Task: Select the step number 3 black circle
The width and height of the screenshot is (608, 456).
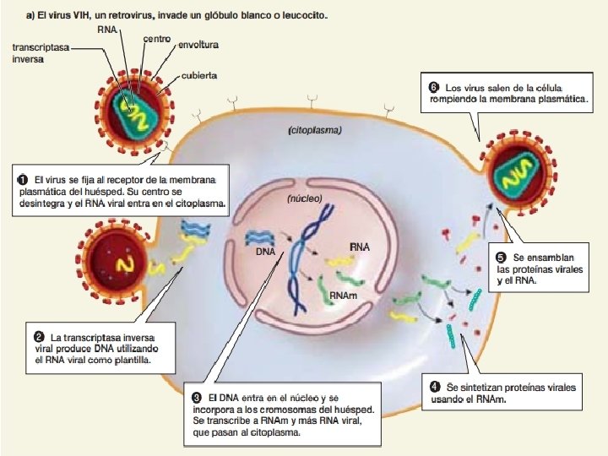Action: (196, 396)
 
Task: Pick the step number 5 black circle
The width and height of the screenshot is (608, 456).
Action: (501, 257)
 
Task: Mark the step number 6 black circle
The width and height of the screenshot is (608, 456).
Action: (433, 87)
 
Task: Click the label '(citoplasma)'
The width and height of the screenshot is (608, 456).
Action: (314, 131)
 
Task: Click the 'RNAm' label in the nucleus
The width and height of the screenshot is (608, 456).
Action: (342, 296)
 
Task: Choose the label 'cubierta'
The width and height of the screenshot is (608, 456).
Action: (198, 75)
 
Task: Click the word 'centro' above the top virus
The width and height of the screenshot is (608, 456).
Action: (157, 39)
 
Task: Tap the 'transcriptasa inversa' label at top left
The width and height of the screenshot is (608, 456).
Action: (40, 53)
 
